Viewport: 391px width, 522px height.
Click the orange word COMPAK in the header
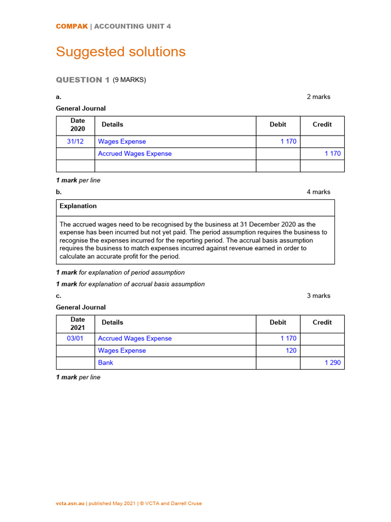coord(71,27)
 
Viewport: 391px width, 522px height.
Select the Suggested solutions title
coord(121,52)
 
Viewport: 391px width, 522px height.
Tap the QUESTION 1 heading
coord(82,80)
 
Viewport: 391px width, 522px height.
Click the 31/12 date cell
coord(75,142)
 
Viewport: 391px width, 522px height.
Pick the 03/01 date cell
coord(75,338)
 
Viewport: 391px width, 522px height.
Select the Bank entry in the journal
coord(105,363)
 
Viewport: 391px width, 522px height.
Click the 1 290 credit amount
coord(332,363)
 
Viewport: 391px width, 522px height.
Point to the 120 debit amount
coord(291,351)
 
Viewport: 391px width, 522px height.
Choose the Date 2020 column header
coord(77,125)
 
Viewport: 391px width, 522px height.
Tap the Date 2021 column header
coord(77,324)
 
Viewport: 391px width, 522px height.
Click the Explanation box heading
coord(78,206)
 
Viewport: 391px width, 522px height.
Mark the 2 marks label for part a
coord(318,97)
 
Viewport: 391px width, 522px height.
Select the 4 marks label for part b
coord(318,192)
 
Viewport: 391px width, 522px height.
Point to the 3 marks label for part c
coord(318,296)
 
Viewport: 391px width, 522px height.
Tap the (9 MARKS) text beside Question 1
coord(129,80)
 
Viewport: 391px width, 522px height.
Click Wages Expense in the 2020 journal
coord(122,142)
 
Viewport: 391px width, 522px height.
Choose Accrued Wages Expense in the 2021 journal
coord(134,338)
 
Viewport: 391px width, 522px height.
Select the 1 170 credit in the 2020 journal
coord(332,154)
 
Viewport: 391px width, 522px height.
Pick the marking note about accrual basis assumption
coord(130,284)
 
